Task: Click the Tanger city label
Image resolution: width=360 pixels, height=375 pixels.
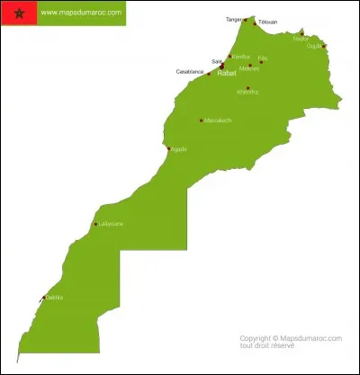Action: (x=234, y=18)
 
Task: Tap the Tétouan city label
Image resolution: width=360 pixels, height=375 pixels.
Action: (x=267, y=22)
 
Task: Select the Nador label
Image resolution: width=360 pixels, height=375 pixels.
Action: (x=301, y=39)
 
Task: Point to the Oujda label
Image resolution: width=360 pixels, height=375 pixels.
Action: (x=314, y=46)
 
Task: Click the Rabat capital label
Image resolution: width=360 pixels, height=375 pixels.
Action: (x=228, y=73)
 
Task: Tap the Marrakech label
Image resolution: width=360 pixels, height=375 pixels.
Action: (x=218, y=121)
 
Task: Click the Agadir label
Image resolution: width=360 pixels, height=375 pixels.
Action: (x=178, y=149)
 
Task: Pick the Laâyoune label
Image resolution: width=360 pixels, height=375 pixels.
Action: (x=112, y=224)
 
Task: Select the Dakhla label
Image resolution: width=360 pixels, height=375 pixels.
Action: (x=55, y=298)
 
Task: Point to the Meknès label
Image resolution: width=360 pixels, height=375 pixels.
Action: (x=249, y=68)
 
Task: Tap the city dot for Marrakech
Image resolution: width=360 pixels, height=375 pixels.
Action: (x=201, y=121)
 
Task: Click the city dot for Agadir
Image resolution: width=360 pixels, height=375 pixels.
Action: (x=167, y=149)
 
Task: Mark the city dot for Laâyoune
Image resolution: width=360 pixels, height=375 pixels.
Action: (x=95, y=225)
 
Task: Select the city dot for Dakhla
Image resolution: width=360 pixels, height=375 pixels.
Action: (x=42, y=299)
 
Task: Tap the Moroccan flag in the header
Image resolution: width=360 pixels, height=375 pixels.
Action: (x=19, y=13)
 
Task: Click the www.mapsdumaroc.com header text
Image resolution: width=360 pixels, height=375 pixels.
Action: (x=81, y=13)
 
